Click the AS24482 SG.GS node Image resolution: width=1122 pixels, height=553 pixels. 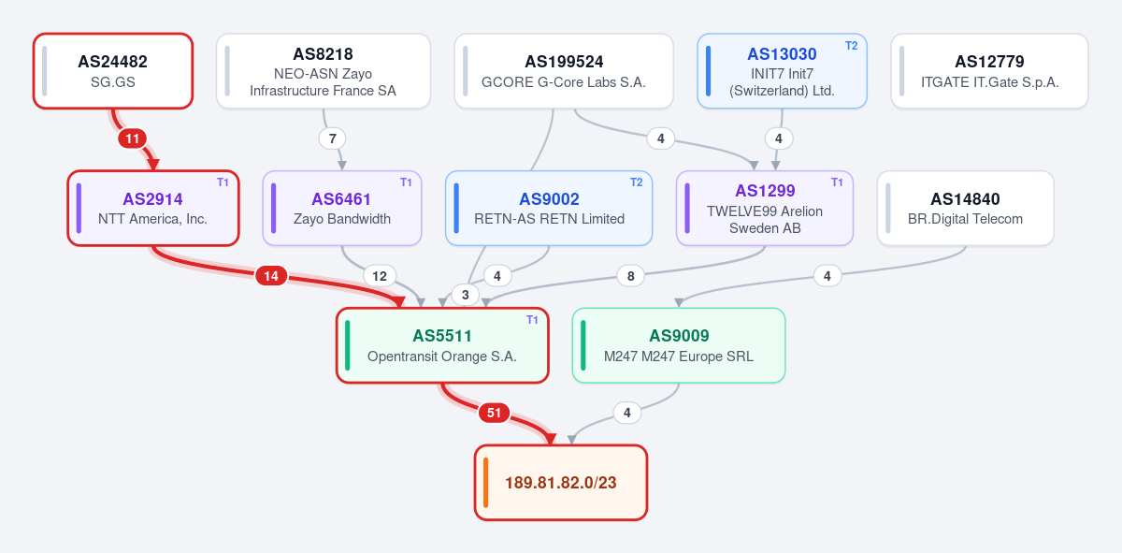pos(113,71)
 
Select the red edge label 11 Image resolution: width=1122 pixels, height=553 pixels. pos(132,138)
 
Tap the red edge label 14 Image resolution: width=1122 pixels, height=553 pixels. pos(271,276)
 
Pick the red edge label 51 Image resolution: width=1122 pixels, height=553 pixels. pos(494,413)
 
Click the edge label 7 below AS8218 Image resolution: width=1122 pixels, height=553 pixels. pos(332,138)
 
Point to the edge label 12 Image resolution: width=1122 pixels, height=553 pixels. pos(380,276)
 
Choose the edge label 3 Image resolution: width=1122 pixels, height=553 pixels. pos(466,295)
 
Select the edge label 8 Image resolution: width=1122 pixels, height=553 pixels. pos(630,276)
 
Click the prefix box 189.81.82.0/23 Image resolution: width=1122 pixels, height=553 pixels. pos(561,482)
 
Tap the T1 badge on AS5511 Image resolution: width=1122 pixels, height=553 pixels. pos(532,320)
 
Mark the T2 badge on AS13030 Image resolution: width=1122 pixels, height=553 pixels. pos(851,46)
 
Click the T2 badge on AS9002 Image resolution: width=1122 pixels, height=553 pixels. pos(636,182)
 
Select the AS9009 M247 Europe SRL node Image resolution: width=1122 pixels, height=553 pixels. pos(679,345)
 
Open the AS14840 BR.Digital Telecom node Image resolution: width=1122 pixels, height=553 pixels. pos(965,208)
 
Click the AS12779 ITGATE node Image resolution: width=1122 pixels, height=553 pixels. pos(989,71)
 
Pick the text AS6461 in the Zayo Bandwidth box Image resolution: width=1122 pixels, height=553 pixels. pos(341,199)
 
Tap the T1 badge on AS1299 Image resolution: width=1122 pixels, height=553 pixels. pos(837,182)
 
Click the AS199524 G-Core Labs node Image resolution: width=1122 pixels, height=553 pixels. pos(564,71)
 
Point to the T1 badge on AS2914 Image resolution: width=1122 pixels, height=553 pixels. pos(223,182)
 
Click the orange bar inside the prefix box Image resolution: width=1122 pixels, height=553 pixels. pos(485,482)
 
